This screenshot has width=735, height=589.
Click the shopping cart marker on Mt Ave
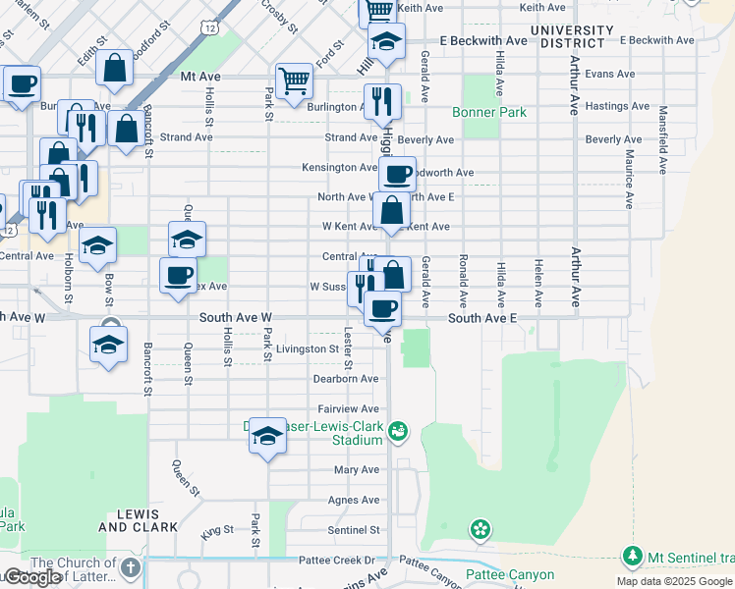(x=294, y=82)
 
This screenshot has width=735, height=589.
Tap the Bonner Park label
(x=489, y=112)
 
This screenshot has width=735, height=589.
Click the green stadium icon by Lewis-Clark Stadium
(x=398, y=429)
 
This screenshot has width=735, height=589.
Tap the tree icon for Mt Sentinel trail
(x=633, y=558)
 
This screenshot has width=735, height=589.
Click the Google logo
(x=31, y=577)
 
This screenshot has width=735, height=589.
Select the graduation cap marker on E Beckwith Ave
(x=386, y=42)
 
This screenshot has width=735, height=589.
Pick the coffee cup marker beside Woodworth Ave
(x=397, y=175)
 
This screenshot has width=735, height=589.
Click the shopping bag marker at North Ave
(x=391, y=210)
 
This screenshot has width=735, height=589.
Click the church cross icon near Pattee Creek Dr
(x=130, y=566)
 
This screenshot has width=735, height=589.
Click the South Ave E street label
(x=481, y=318)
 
